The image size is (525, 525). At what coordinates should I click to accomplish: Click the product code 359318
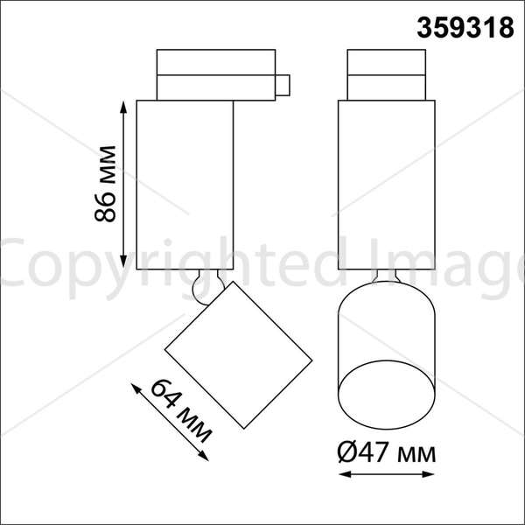click(x=465, y=28)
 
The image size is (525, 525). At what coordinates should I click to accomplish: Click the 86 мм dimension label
click(x=105, y=184)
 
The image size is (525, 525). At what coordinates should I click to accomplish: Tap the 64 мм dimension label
click(x=181, y=411)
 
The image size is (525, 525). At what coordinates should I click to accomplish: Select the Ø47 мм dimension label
click(x=387, y=452)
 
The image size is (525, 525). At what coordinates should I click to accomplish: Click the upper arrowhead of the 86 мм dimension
click(x=123, y=107)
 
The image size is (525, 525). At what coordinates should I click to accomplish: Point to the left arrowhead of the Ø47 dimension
click(x=345, y=474)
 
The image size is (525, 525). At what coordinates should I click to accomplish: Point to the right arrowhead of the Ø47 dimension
click(x=428, y=474)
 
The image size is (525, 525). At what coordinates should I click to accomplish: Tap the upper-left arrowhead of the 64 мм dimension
click(x=136, y=388)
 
